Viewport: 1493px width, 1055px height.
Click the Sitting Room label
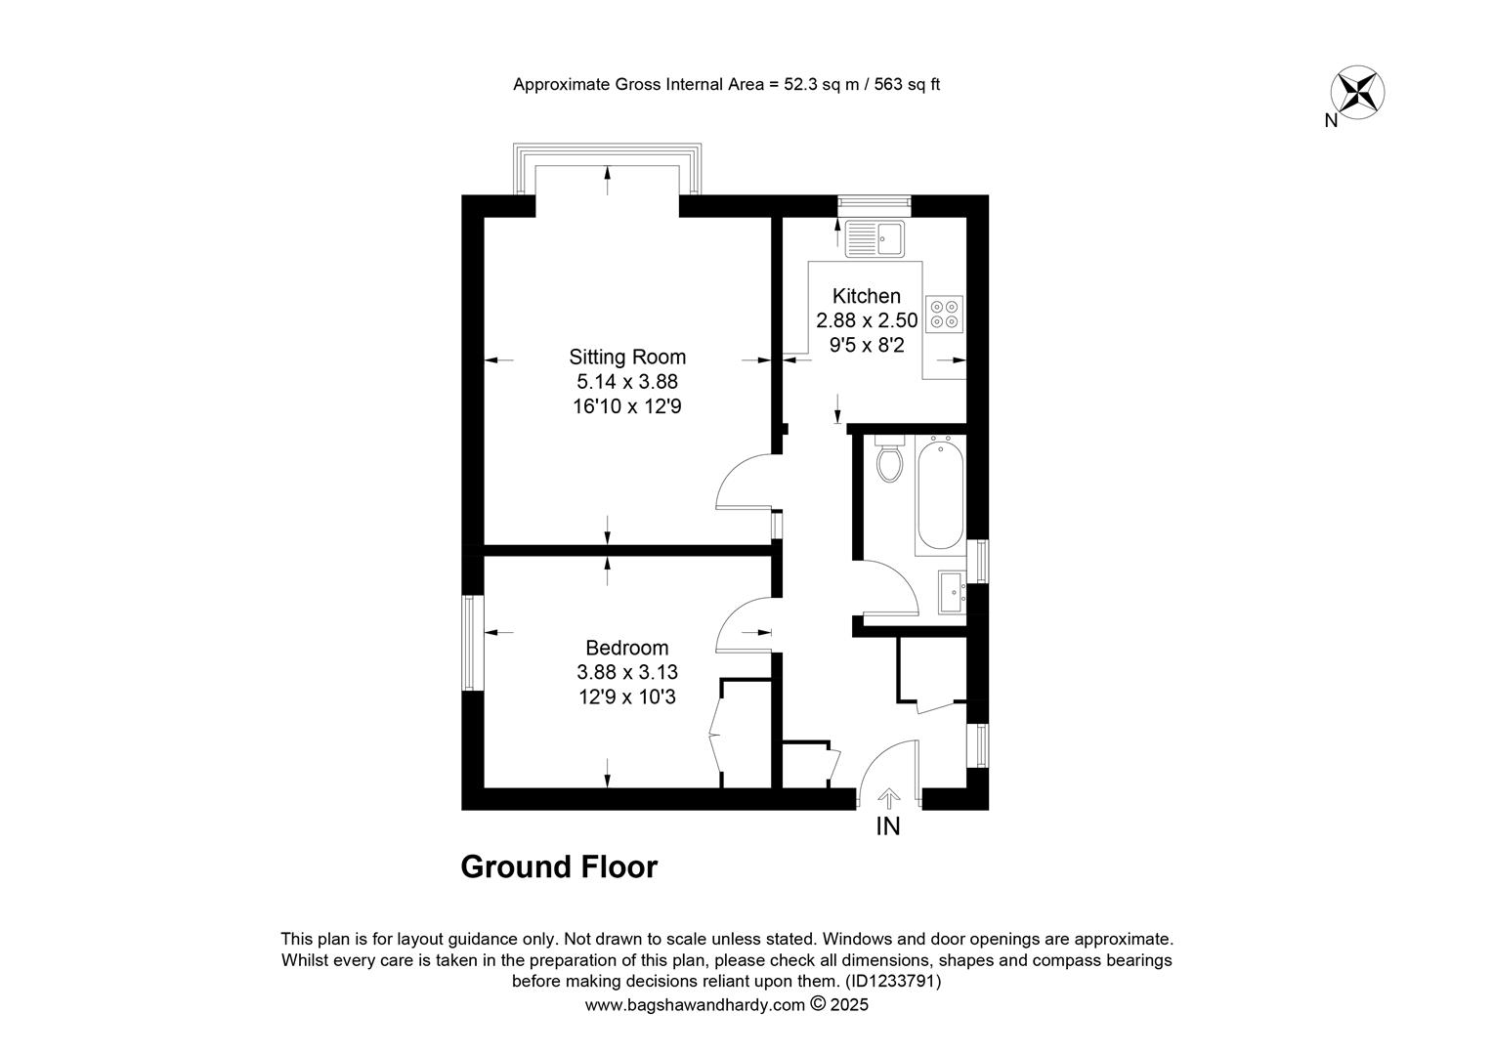(627, 358)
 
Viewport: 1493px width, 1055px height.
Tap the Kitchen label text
(867, 296)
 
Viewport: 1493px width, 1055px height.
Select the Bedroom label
(627, 648)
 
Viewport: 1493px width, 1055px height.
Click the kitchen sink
(874, 238)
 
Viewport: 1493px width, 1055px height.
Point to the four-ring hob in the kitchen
(945, 315)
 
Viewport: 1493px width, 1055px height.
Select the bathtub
(940, 495)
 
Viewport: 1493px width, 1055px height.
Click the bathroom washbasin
(952, 592)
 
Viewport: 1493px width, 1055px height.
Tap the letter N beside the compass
(1331, 120)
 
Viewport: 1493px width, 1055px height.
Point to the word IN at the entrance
(888, 826)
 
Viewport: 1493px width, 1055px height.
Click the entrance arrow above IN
(888, 798)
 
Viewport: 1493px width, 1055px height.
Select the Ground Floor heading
(559, 867)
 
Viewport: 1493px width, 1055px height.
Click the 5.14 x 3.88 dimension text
(627, 382)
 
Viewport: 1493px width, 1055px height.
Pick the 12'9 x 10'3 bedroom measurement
(627, 697)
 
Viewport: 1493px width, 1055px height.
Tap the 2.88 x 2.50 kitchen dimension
(867, 320)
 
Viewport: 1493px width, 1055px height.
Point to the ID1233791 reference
(892, 981)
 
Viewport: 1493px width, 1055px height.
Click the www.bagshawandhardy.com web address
(695, 1005)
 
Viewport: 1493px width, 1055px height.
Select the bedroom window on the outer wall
(473, 643)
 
